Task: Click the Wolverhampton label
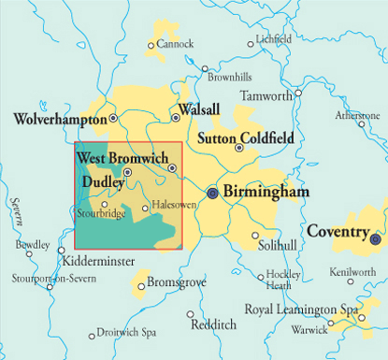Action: (60, 120)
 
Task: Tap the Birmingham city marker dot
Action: (212, 193)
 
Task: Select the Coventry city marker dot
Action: (376, 238)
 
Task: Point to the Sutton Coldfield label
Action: (246, 138)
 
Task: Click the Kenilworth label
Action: (352, 272)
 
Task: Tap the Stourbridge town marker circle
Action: (104, 204)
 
